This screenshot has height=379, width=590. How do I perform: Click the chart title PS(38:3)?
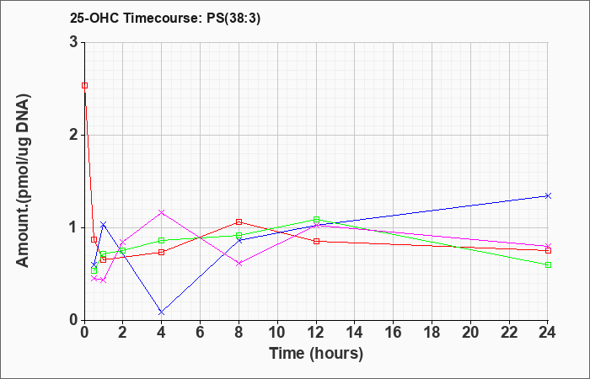tap(233, 19)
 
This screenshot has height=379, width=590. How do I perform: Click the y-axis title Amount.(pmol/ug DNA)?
tap(24, 180)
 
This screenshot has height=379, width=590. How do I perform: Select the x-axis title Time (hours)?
tap(316, 354)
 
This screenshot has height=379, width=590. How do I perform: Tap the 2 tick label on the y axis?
tap(73, 135)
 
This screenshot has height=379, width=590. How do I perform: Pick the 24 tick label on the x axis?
tap(548, 333)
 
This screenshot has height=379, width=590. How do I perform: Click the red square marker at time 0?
tap(84, 86)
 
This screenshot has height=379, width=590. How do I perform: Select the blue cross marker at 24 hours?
tap(548, 195)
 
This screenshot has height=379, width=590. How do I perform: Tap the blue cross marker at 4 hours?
tap(162, 312)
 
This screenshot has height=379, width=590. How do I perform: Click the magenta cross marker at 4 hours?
tap(162, 212)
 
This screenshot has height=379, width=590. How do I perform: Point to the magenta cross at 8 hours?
tap(239, 263)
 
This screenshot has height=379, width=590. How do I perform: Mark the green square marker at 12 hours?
tap(316, 219)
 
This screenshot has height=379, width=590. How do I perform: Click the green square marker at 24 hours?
tap(548, 264)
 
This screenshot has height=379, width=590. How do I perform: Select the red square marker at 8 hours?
tap(239, 222)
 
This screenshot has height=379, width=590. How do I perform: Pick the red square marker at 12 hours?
tap(316, 241)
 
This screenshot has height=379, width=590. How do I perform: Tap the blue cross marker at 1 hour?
tap(104, 225)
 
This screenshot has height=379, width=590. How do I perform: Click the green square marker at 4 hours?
tap(162, 240)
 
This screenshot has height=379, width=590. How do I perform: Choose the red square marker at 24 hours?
tap(548, 250)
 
